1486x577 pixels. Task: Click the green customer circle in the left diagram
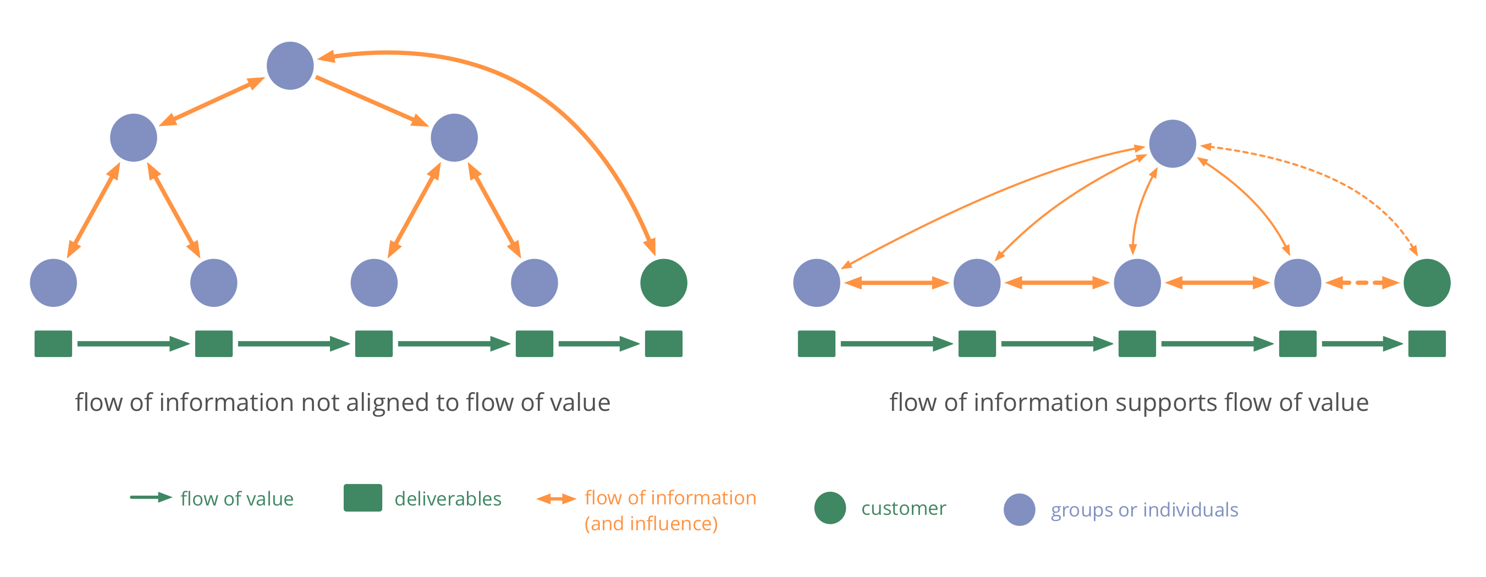coord(663,283)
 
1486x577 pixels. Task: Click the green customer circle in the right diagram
coord(1427,283)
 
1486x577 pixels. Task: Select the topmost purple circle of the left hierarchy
coord(290,66)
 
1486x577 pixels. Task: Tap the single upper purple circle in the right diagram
coord(1172,144)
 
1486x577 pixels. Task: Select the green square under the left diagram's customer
coord(663,344)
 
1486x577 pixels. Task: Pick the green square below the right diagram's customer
coord(1427,344)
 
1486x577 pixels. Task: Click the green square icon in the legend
coord(363,497)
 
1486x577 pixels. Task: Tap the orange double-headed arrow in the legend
coord(556,498)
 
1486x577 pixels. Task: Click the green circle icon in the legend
coord(830,508)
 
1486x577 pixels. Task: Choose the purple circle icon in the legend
coord(1019,509)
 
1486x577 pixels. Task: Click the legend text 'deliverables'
coord(448,498)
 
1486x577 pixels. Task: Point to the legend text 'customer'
coord(904,508)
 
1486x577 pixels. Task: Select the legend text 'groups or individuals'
coord(1144,510)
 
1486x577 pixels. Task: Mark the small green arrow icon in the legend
coord(151,497)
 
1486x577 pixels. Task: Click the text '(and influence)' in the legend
coord(651,523)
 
